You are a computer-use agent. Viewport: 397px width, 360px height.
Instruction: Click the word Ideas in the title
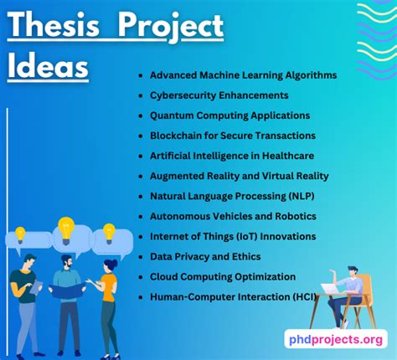pyautogui.click(x=48, y=66)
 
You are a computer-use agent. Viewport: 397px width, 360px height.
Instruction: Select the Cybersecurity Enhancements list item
pyautogui.click(x=219, y=95)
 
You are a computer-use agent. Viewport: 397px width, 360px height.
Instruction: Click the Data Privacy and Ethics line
pyautogui.click(x=205, y=256)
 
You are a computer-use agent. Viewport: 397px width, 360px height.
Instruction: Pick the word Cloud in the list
pyautogui.click(x=165, y=276)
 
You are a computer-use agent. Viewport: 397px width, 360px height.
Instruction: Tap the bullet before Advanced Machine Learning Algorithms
pyautogui.click(x=142, y=75)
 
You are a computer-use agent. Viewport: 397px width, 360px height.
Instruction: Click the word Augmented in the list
pyautogui.click(x=177, y=176)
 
